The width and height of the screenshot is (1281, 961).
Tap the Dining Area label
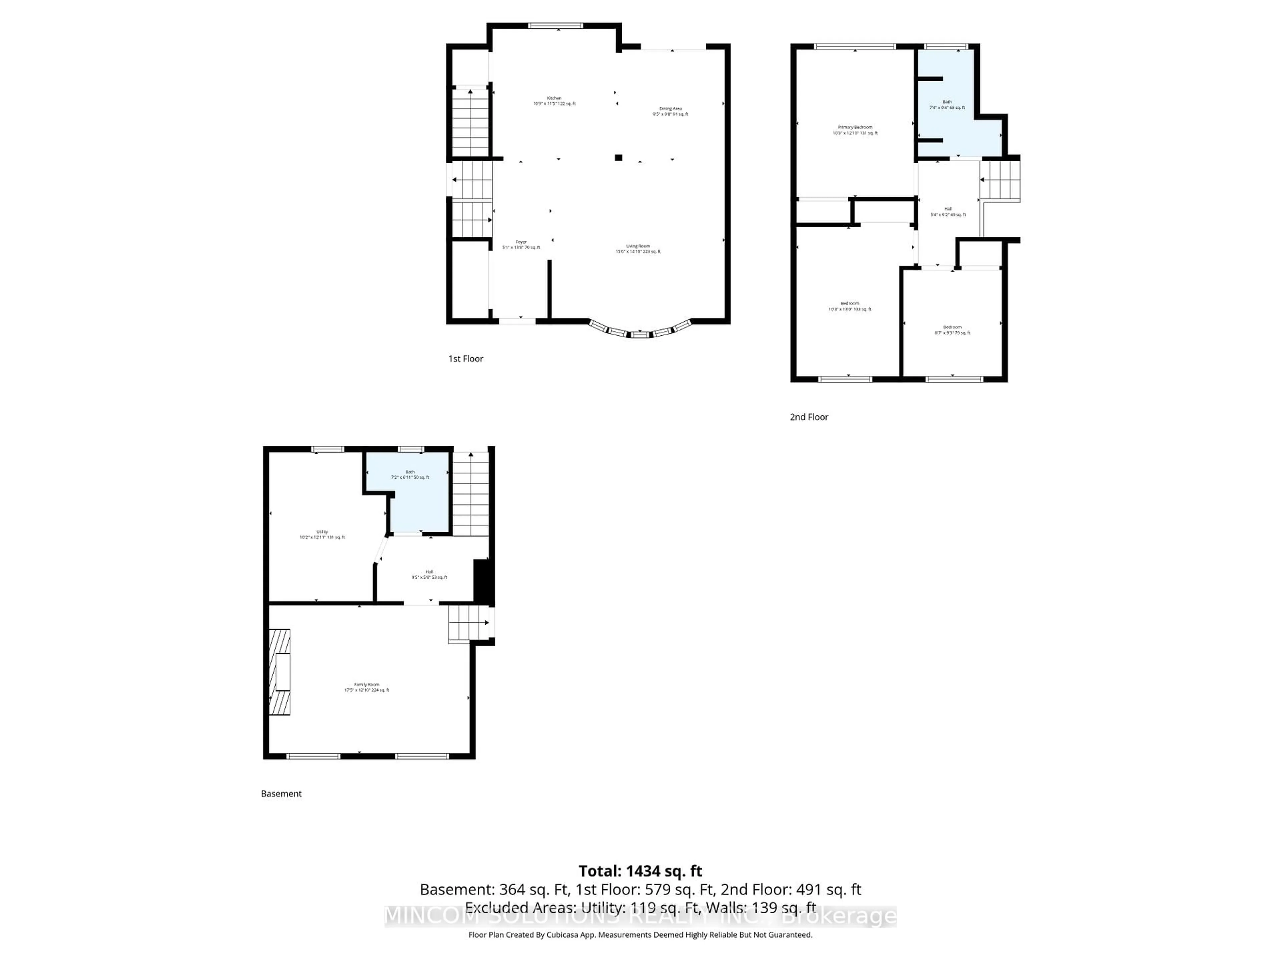tap(670, 111)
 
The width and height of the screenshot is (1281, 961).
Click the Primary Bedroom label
tap(855, 130)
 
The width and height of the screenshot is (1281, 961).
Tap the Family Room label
tap(367, 687)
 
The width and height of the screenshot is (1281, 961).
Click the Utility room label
tap(322, 534)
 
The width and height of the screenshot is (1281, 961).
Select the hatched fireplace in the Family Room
tap(280, 672)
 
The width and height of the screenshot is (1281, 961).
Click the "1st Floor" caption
tap(466, 359)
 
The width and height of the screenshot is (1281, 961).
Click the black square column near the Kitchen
tap(618, 157)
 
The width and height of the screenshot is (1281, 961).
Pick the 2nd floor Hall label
tap(948, 212)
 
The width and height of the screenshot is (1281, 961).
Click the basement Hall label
tap(429, 574)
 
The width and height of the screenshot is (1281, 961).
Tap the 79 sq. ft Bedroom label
tap(952, 330)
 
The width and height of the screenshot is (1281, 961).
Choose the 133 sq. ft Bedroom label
tap(850, 306)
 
